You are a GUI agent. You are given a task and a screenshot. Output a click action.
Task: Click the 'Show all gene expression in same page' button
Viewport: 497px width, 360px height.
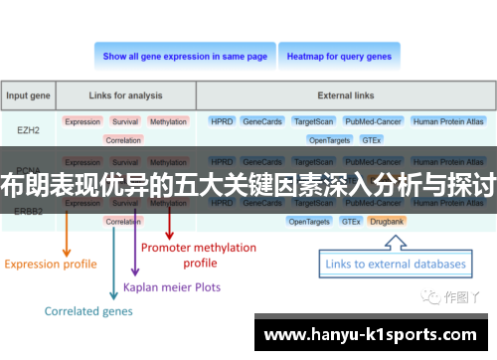pyautogui.click(x=185, y=57)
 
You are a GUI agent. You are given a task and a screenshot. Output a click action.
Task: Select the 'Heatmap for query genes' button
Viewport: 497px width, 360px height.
pyautogui.click(x=339, y=57)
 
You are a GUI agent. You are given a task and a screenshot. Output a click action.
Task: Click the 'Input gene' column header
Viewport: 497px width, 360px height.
pyautogui.click(x=29, y=95)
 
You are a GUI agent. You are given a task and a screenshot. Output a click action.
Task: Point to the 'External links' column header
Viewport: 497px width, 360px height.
pyautogui.click(x=346, y=95)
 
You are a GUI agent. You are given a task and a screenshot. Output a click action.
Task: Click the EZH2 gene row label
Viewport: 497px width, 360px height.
pyautogui.click(x=29, y=129)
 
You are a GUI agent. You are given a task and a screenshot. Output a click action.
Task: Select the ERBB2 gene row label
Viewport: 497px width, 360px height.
pyautogui.click(x=29, y=211)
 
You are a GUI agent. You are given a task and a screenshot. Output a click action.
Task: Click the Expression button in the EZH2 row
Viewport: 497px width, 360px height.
pyautogui.click(x=83, y=121)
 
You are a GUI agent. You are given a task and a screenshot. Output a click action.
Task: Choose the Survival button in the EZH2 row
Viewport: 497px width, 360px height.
pyautogui.click(x=125, y=121)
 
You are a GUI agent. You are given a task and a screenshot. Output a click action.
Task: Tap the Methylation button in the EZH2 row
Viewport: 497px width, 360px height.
pyautogui.click(x=168, y=121)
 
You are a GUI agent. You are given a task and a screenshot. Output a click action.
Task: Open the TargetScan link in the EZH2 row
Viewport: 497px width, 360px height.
pyautogui.click(x=314, y=121)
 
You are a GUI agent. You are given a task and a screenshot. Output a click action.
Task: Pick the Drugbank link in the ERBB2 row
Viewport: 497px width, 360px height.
pyautogui.click(x=387, y=221)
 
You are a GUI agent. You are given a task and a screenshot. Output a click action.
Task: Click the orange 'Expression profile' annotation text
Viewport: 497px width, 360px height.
pyautogui.click(x=51, y=265)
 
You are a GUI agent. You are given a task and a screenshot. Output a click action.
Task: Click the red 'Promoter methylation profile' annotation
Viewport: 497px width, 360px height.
pyautogui.click(x=199, y=255)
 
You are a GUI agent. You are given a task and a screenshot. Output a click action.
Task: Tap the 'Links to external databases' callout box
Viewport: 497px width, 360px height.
pyautogui.click(x=393, y=265)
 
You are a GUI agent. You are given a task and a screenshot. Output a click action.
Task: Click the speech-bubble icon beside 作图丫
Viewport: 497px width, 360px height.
pyautogui.click(x=430, y=296)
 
